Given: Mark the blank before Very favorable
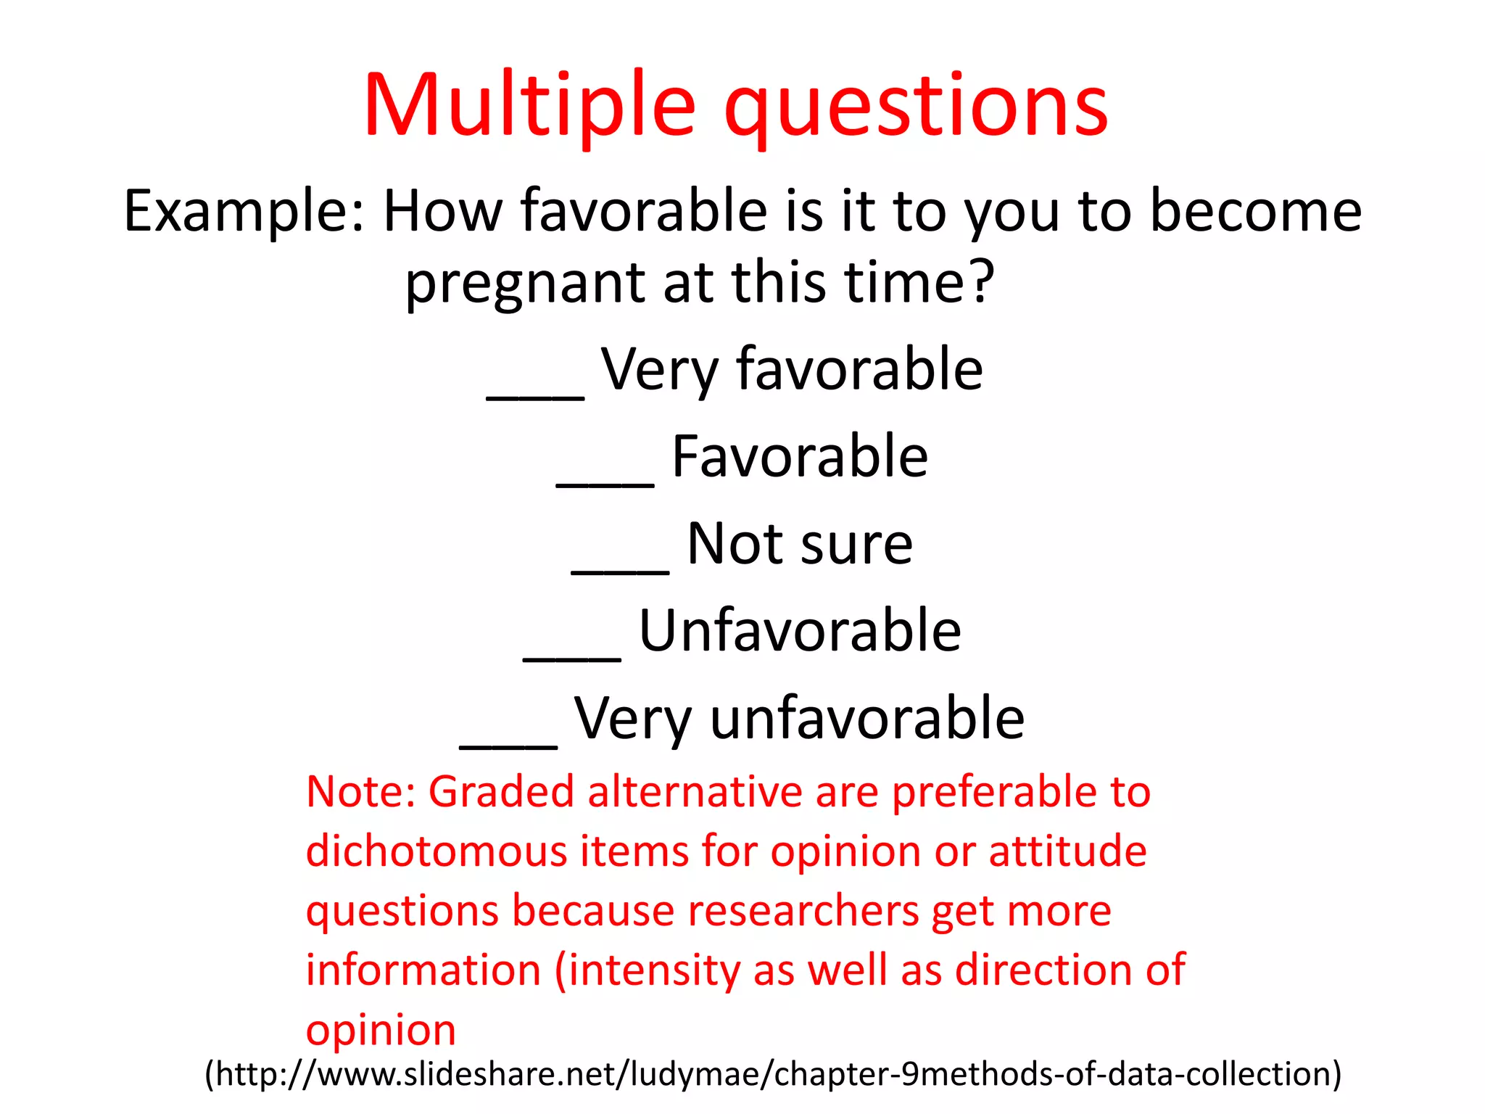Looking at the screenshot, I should point(535,392).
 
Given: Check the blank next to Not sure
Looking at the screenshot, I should point(620,567).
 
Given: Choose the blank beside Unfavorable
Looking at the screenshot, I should point(571,654).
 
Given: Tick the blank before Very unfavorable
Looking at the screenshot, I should point(508,741).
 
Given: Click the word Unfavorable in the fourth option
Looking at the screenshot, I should point(800,631).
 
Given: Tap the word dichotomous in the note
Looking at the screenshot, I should point(437,851).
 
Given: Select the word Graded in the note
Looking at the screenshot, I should point(501,791).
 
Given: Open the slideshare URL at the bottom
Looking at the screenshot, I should point(773,1074).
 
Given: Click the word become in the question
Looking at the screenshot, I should point(1256,212).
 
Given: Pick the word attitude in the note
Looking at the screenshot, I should point(1067,851).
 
